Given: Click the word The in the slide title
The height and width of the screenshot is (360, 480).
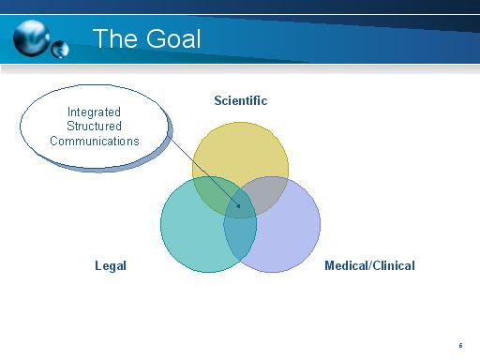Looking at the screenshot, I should [x=115, y=39].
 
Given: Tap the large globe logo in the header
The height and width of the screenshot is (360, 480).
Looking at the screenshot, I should [x=33, y=38].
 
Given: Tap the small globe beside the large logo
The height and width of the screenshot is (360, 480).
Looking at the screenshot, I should [x=60, y=49].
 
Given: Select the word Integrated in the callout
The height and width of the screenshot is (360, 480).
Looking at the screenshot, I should [x=94, y=112].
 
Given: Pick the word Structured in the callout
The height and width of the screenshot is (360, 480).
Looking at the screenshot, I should [x=94, y=127].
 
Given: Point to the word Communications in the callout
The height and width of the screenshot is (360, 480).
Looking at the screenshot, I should [x=94, y=142].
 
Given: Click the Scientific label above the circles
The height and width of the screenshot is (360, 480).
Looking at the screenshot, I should [x=240, y=101].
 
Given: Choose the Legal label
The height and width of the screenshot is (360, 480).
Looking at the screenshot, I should [x=111, y=265].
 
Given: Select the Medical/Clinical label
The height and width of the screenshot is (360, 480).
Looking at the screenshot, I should [x=369, y=265].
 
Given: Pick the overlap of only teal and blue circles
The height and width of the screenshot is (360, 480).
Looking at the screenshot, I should [x=240, y=239].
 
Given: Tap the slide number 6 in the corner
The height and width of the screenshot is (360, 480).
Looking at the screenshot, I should [x=461, y=345].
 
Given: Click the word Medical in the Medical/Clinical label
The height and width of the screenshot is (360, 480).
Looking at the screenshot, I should [x=346, y=265].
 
